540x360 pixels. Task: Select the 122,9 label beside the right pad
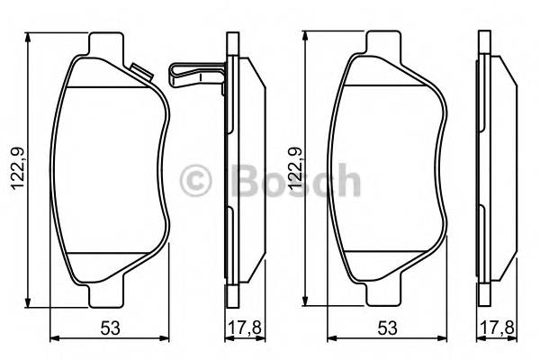[x=293, y=169]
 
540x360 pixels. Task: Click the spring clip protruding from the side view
[x=193, y=72]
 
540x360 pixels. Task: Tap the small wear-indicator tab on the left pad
[x=139, y=70]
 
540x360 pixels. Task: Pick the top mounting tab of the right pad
[x=385, y=42]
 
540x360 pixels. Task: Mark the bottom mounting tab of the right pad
[x=385, y=296]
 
